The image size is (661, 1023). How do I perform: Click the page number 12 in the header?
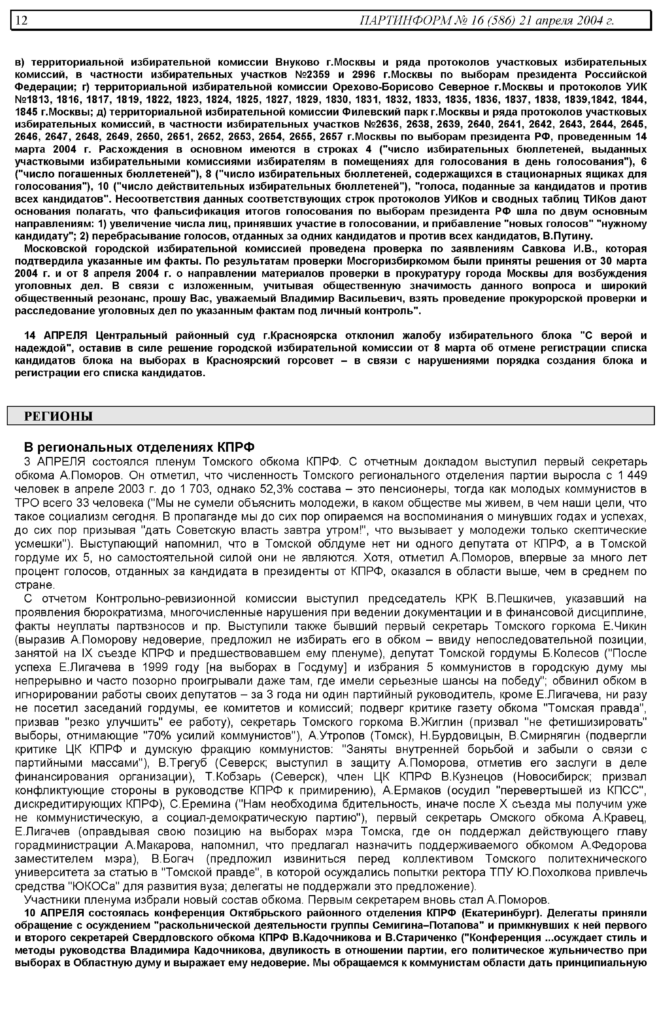pyautogui.click(x=22, y=20)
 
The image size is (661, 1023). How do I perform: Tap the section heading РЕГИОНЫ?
pyautogui.click(x=58, y=416)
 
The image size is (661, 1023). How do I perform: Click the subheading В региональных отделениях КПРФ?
pyautogui.click(x=139, y=447)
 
